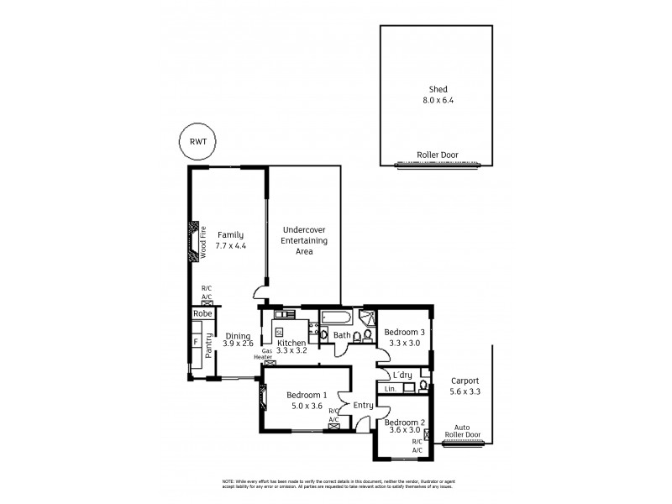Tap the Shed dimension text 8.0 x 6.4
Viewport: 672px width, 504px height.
pos(435,100)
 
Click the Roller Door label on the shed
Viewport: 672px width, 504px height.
pos(435,155)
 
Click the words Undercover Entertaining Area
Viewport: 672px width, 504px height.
pos(304,240)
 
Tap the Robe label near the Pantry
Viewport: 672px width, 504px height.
pos(202,313)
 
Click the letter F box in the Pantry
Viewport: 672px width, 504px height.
pos(196,342)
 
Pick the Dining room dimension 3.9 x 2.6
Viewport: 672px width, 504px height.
pos(239,343)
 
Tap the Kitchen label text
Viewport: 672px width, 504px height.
pos(291,343)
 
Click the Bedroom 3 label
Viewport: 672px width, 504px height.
pos(404,332)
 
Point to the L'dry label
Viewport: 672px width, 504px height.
pos(401,375)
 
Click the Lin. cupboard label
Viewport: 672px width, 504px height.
pos(390,388)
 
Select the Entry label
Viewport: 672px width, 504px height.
pos(363,406)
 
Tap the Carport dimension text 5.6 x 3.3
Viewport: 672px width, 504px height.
pos(465,391)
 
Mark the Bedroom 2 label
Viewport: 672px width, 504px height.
pos(404,423)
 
